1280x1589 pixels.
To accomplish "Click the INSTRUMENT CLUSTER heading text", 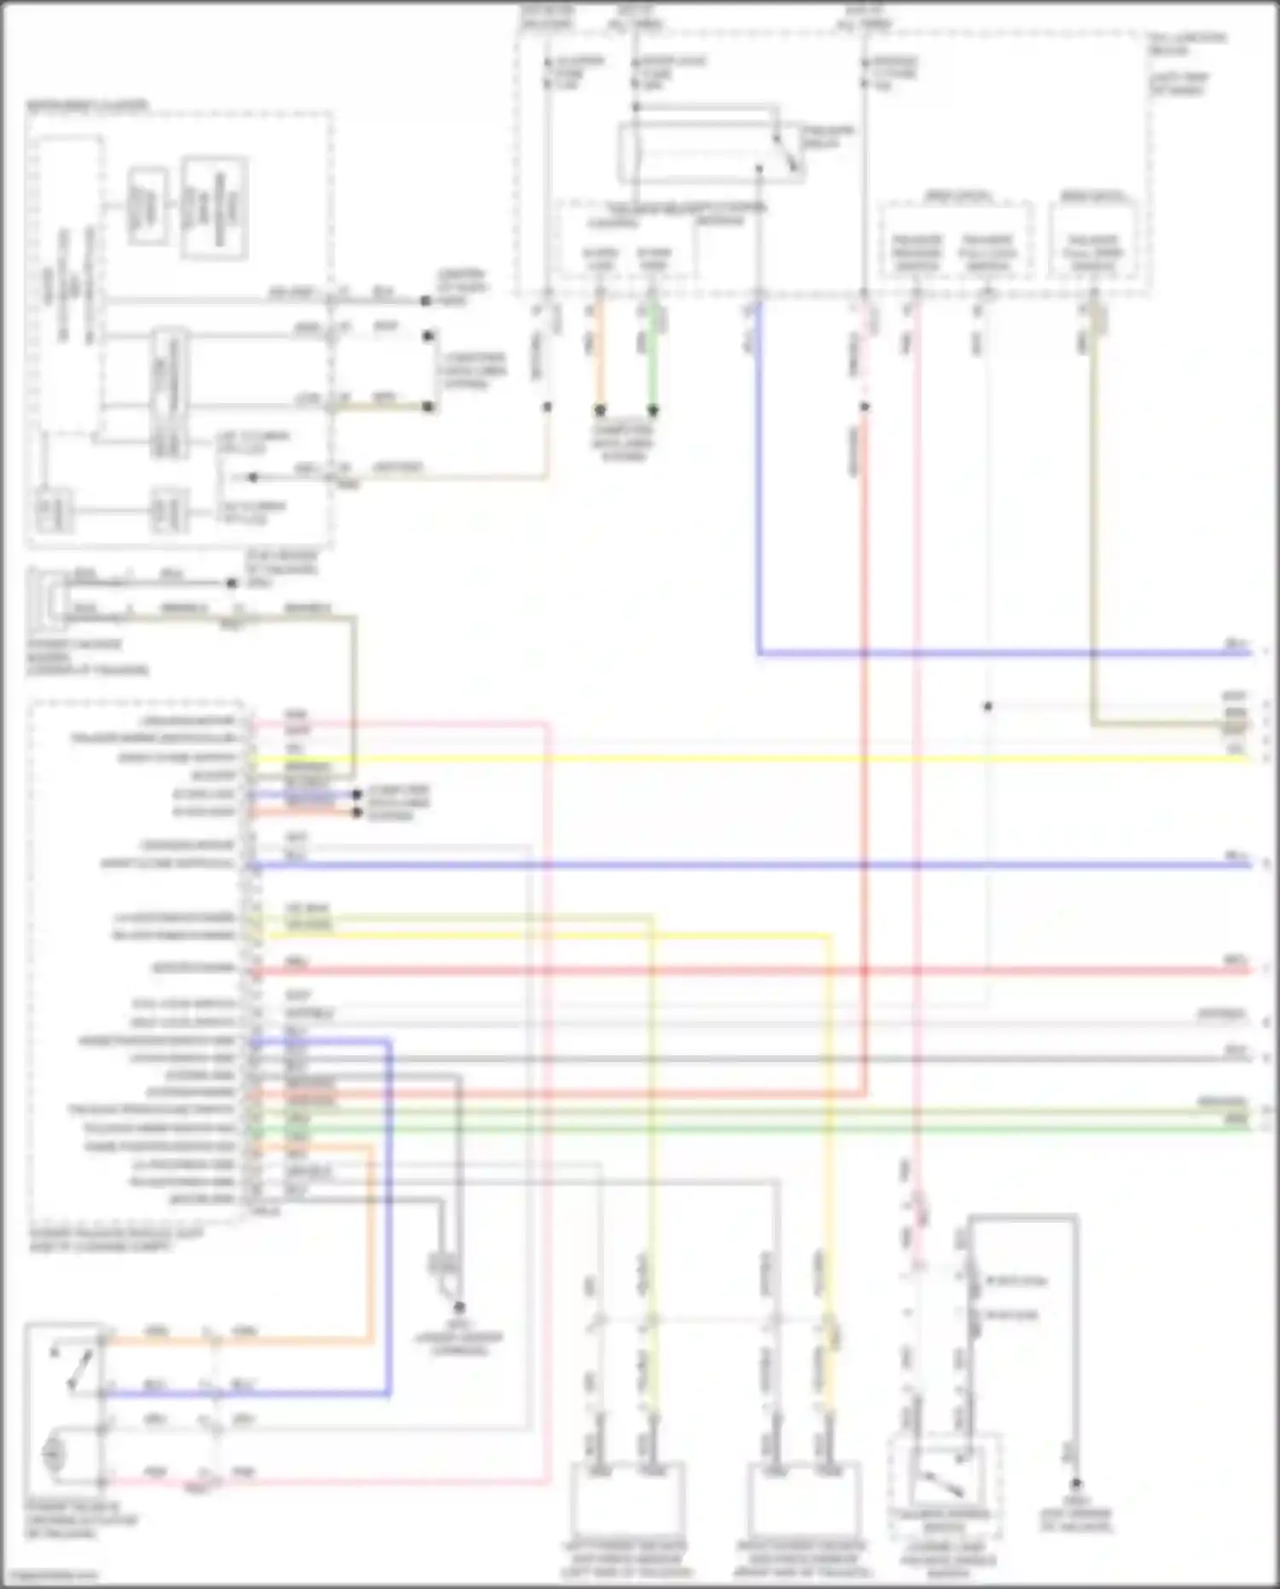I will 88,106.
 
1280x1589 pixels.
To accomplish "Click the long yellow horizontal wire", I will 751,757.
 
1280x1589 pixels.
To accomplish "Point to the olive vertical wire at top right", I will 1094,512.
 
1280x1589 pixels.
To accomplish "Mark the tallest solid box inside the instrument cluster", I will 213,207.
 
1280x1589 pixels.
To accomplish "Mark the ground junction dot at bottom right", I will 1076,1484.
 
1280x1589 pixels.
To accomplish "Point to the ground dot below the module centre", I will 460,1307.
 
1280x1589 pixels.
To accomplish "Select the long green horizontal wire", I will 751,1129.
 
